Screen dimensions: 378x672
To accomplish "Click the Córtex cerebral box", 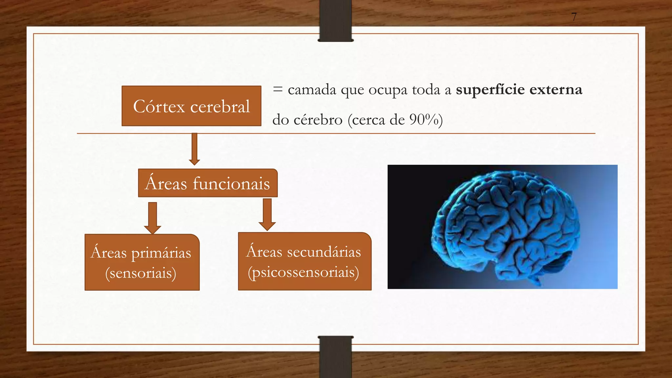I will click(x=191, y=106).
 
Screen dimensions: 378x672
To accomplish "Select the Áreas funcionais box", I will click(x=208, y=183).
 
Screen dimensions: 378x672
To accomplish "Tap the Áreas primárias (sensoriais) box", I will click(x=142, y=262).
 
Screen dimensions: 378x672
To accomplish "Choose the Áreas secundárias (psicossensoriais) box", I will click(x=304, y=262).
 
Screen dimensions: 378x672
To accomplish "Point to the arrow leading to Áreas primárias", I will click(x=153, y=218).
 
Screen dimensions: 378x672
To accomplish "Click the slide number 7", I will click(x=574, y=17).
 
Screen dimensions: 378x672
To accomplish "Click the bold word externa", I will click(x=556, y=90).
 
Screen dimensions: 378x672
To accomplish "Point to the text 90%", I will click(x=424, y=119).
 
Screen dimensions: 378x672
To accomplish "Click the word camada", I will click(x=312, y=90).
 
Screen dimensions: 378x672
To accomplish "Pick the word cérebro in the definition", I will click(x=318, y=120).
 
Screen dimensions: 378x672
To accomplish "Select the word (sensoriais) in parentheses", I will click(x=141, y=273).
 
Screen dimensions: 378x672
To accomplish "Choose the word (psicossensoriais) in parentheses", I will click(x=304, y=272).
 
